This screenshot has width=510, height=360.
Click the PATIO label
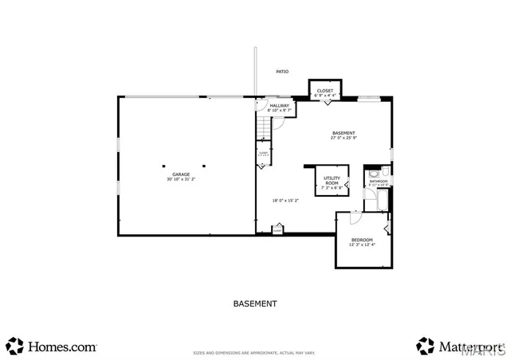(x=282, y=72)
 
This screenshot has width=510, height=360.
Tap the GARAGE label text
(x=168, y=174)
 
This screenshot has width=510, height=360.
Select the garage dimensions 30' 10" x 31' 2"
(x=168, y=179)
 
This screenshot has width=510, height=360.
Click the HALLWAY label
(x=279, y=105)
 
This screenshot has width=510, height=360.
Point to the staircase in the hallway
(x=265, y=125)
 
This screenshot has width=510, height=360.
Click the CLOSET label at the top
(x=324, y=91)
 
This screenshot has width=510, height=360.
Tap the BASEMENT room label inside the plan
(x=343, y=133)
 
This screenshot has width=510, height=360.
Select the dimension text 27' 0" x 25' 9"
(x=343, y=139)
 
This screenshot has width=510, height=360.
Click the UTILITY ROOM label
(x=331, y=180)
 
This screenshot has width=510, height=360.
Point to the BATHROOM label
(x=378, y=182)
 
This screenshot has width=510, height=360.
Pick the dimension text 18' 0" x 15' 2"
(x=285, y=200)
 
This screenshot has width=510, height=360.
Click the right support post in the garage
(x=204, y=166)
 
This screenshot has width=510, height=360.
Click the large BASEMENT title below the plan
(x=255, y=303)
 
